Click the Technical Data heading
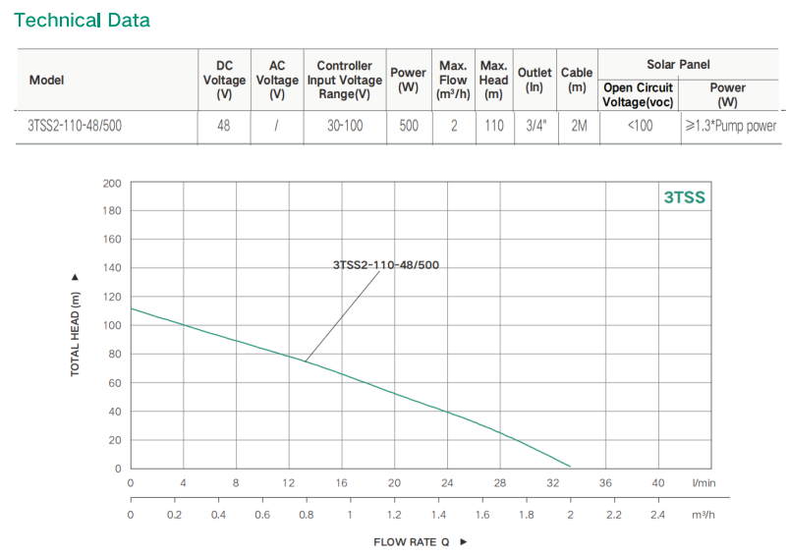click(x=82, y=20)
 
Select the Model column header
click(x=47, y=80)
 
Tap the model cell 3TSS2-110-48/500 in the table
click(x=76, y=126)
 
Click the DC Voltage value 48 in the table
click(x=224, y=126)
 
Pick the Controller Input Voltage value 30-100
click(x=344, y=126)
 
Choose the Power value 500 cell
click(x=408, y=126)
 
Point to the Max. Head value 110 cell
click(x=493, y=126)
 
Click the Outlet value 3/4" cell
click(x=535, y=126)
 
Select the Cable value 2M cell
click(x=577, y=126)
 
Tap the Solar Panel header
click(x=678, y=64)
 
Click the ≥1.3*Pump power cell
click(x=728, y=126)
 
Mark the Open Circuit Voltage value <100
click(x=639, y=126)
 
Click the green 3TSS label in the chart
click(x=684, y=197)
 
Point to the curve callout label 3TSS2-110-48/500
click(x=385, y=265)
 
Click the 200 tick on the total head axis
click(x=111, y=184)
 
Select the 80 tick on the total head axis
click(x=114, y=355)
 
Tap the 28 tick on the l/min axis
click(x=499, y=483)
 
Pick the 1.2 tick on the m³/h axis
click(x=394, y=514)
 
